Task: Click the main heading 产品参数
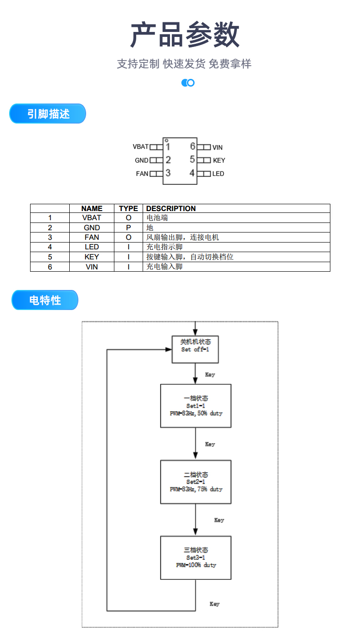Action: tap(185, 35)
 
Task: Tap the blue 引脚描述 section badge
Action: tap(48, 114)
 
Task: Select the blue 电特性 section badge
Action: tap(45, 300)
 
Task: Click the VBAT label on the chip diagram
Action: tap(140, 147)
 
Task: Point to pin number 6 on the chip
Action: tap(193, 146)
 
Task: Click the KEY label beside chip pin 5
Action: tap(219, 160)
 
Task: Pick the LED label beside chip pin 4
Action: tap(218, 174)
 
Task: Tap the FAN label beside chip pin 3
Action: tap(142, 174)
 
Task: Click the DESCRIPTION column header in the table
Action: tap(171, 208)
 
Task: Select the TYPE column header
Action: tap(129, 208)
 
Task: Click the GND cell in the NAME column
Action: tap(92, 227)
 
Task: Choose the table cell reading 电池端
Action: tap(157, 218)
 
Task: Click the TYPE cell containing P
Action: tap(129, 227)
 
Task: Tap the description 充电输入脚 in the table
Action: tap(165, 266)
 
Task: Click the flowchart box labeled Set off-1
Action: tap(195, 349)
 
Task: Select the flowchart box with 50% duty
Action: tap(195, 406)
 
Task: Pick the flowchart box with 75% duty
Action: tap(195, 482)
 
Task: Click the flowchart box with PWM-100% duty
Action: tap(195, 558)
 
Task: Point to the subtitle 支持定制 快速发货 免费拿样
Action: tap(184, 64)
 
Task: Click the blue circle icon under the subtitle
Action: tap(188, 83)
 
